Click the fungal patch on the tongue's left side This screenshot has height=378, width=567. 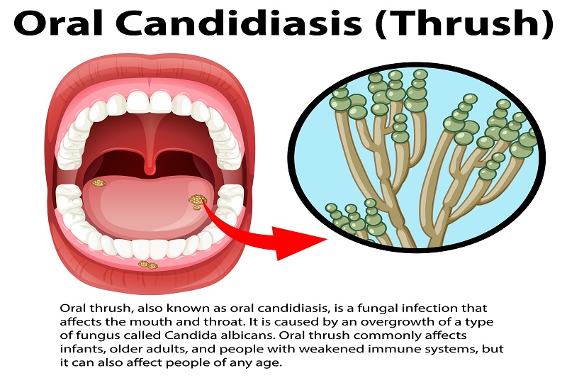click(99, 183)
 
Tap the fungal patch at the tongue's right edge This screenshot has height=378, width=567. click(197, 201)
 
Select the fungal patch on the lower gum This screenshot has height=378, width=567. click(147, 265)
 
